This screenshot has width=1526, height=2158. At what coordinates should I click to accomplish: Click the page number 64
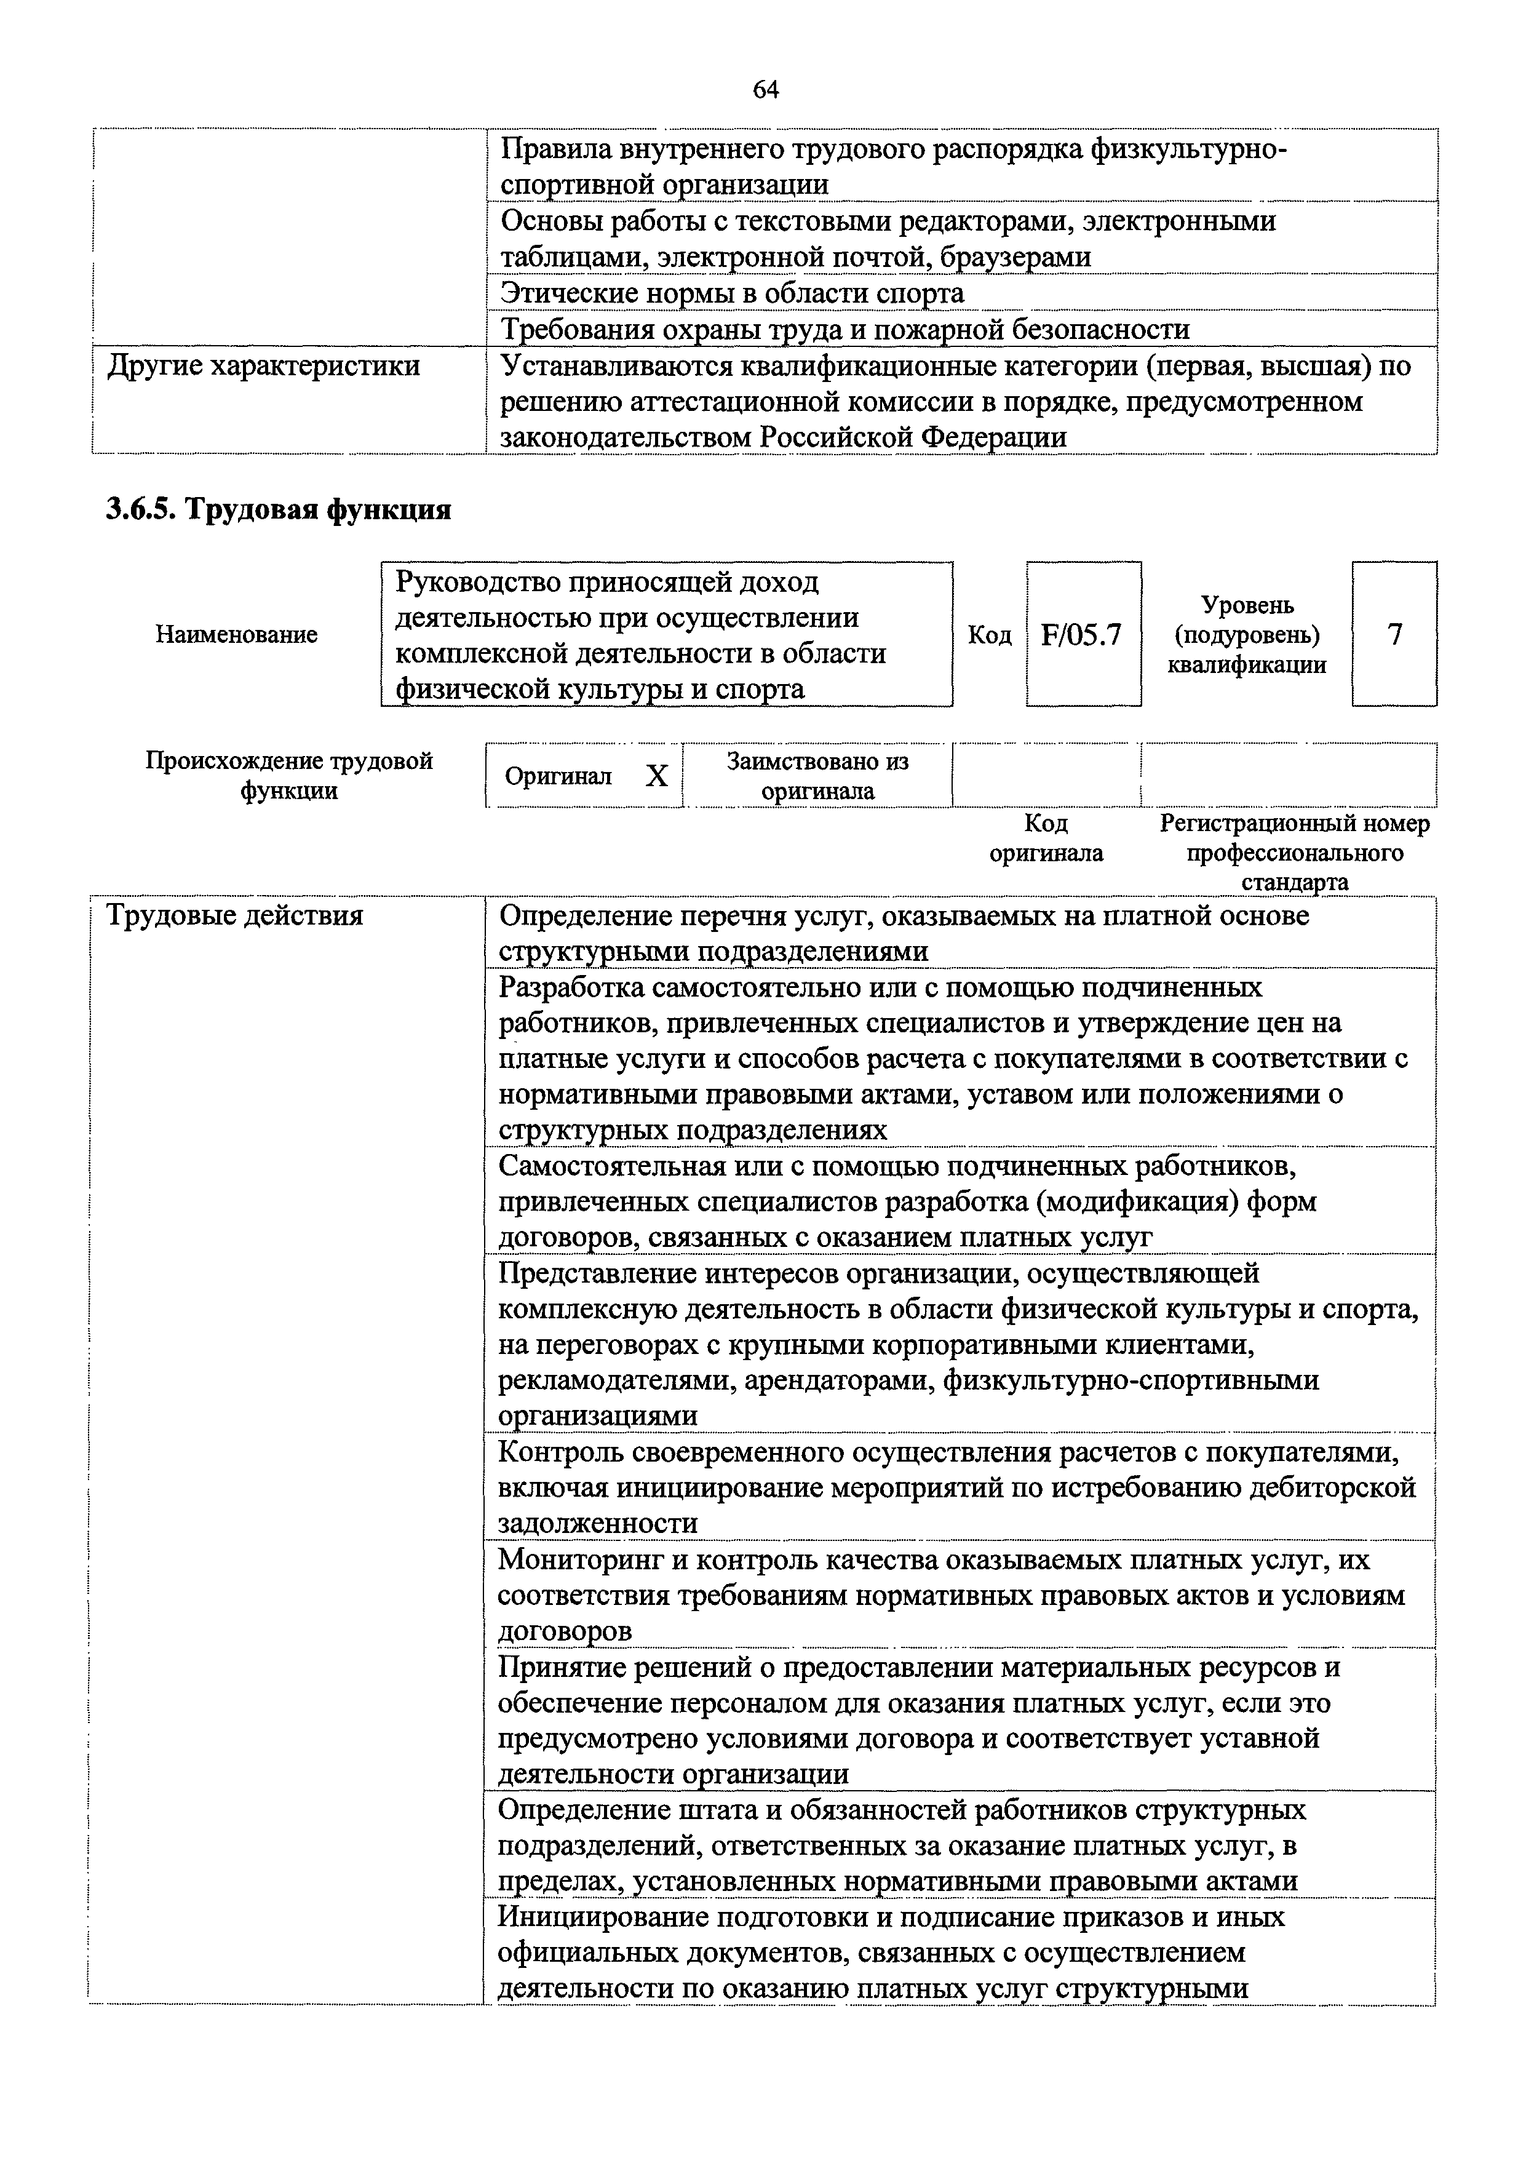(766, 89)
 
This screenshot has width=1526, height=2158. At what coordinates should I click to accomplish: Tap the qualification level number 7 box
(1394, 635)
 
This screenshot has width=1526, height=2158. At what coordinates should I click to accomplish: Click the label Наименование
(236, 635)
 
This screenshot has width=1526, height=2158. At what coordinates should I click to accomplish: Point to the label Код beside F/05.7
(990, 636)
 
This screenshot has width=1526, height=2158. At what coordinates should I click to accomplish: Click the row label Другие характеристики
(264, 365)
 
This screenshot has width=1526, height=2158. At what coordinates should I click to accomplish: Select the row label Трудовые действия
(235, 915)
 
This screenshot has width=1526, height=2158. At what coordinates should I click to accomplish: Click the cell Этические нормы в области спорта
(732, 293)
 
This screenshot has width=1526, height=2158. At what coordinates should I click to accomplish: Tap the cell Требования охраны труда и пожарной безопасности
(844, 330)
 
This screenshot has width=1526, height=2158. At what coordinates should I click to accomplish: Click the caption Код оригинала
(1046, 838)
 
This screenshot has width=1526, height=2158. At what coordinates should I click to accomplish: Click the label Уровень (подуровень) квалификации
(1247, 635)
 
